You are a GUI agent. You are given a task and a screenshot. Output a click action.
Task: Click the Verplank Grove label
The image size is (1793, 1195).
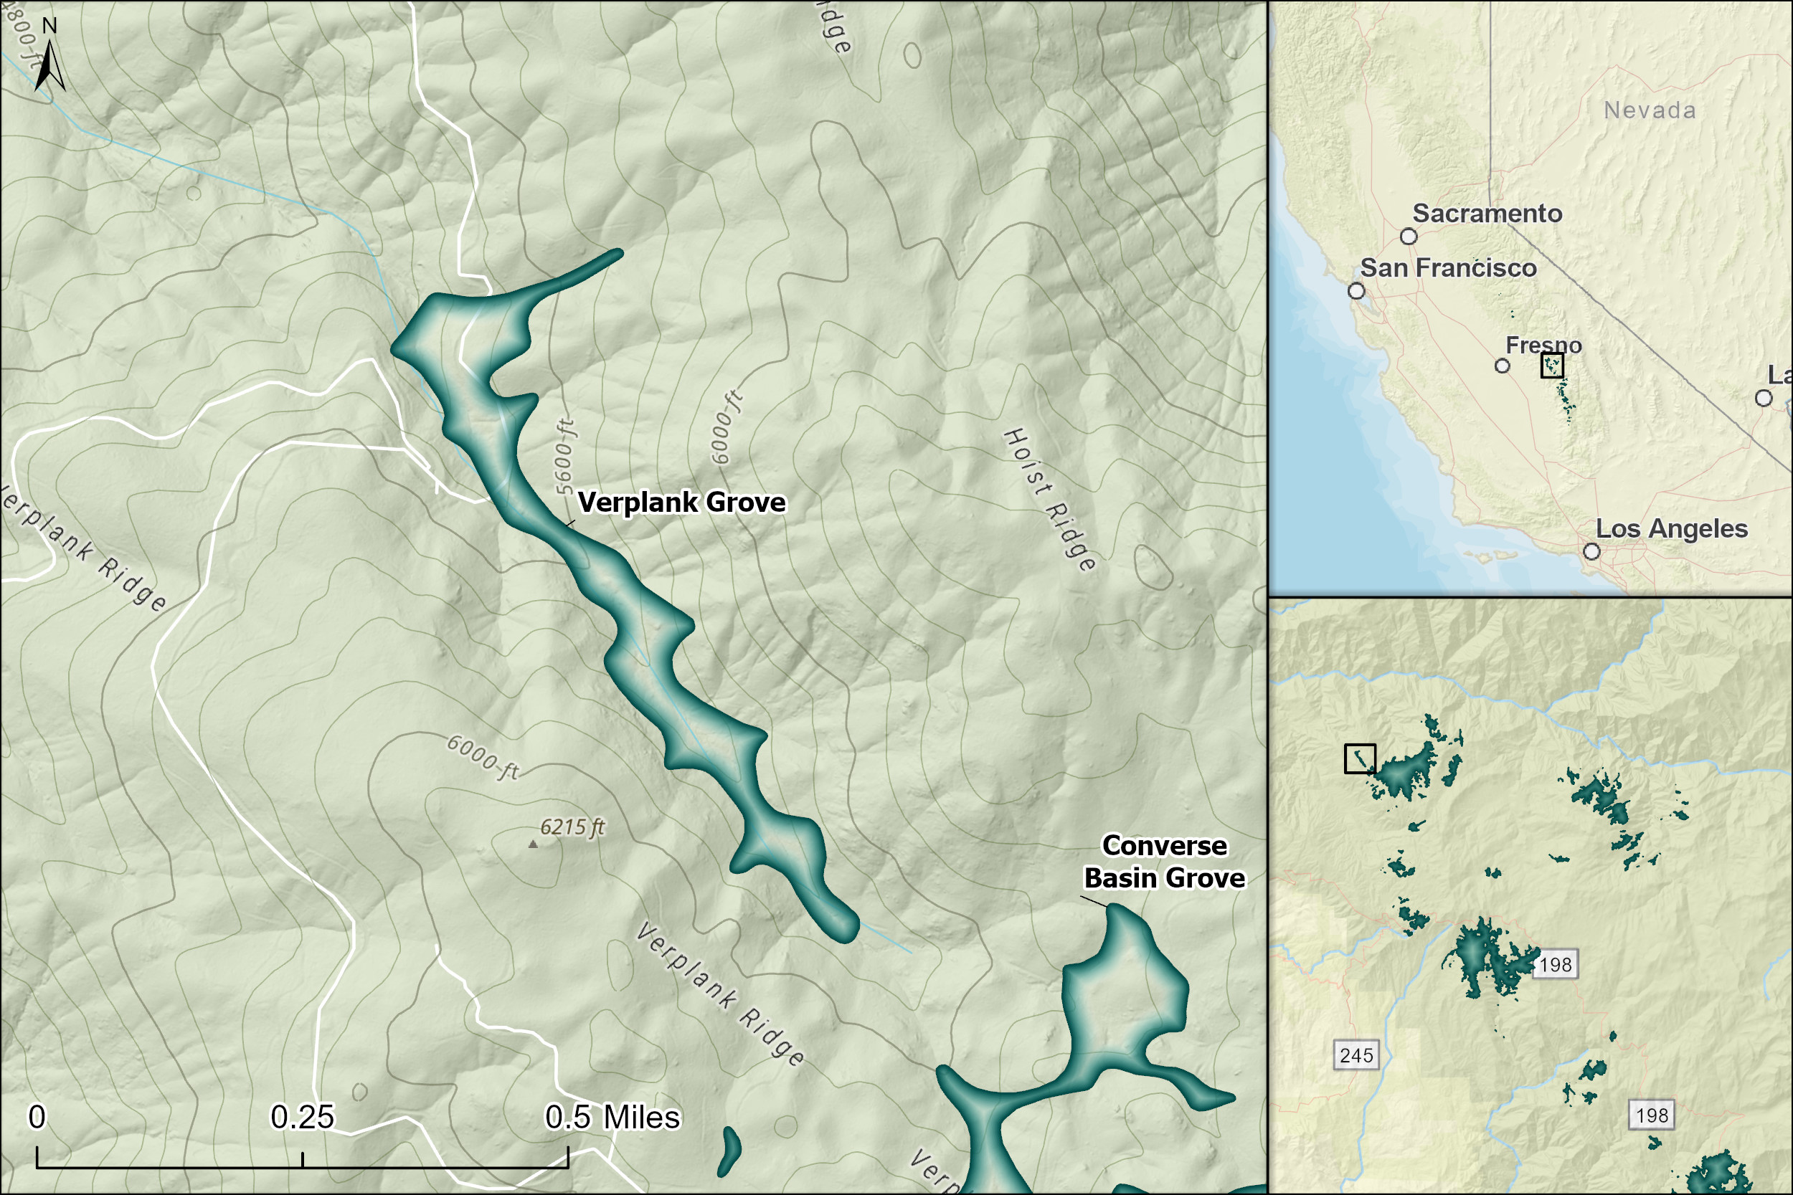pos(681,503)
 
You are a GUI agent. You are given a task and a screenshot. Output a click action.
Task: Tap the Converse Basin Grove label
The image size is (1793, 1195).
pos(1164,862)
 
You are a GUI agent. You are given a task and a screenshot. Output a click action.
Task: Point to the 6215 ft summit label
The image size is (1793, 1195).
pos(572,827)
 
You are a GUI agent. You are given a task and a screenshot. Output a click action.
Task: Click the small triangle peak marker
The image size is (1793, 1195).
pos(533,844)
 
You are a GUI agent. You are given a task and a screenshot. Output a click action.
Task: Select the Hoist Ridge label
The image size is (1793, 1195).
pos(1050,500)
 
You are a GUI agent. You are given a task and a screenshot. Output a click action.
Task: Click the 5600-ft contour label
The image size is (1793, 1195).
pos(565,456)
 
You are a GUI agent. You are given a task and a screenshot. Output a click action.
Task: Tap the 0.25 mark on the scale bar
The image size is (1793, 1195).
pos(302,1118)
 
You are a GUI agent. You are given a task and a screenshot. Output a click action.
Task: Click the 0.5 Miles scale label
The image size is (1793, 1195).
pos(612,1118)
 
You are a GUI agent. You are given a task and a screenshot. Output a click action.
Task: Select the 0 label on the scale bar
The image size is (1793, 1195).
pos(37,1118)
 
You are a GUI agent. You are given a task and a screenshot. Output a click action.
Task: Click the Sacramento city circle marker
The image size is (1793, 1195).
pos(1409,237)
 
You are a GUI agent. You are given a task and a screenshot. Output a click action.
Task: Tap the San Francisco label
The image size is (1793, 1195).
pos(1449,268)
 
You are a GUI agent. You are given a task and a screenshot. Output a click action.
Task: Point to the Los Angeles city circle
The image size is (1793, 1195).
pos(1591,551)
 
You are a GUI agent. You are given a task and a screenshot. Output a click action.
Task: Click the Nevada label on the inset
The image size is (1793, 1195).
pos(1650,110)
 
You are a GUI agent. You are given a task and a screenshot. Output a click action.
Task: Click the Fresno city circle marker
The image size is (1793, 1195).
pos(1503,366)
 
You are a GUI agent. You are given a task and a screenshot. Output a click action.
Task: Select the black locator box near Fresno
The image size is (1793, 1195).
pos(1552,365)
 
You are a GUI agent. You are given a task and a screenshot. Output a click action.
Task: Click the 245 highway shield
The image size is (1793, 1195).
pos(1356,1055)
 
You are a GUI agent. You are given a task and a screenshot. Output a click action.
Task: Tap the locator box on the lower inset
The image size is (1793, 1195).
pos(1360,759)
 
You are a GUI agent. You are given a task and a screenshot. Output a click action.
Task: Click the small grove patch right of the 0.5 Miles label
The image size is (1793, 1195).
pos(729,1151)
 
